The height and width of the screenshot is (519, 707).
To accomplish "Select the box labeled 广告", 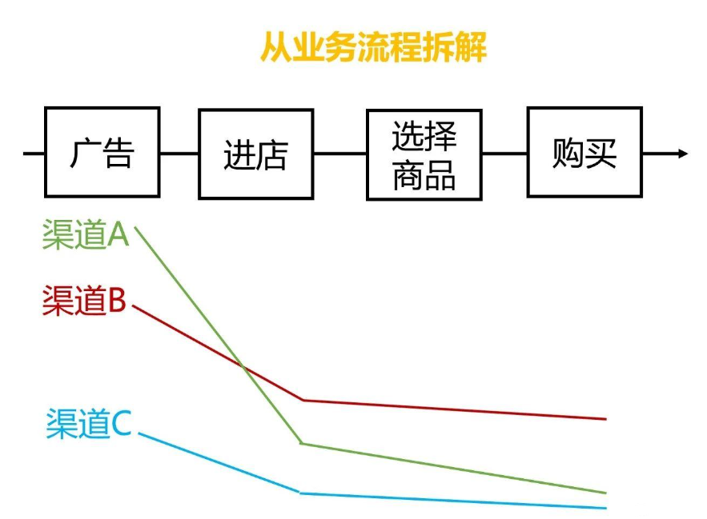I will pos(102,152).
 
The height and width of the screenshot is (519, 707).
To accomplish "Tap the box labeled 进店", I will pos(255,154).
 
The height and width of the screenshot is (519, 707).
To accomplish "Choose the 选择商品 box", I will pos(424,154).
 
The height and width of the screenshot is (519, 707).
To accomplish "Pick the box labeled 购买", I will pos(584,152).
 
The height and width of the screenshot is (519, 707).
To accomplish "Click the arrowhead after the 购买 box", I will pos(682,153).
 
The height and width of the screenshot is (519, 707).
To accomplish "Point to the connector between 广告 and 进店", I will pos(179,153).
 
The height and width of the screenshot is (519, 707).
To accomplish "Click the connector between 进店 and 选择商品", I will pos(339,153).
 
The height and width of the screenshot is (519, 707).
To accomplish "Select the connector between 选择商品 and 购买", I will pos(504,153).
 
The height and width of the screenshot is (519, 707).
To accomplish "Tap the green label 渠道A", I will pos(86,235).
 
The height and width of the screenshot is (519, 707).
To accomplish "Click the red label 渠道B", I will pos(84,301).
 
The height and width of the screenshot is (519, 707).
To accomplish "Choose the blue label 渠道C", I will pos(88,423).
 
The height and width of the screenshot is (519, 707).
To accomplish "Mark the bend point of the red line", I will pos(303,400).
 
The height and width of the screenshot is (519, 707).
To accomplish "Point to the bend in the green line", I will pos(301,443).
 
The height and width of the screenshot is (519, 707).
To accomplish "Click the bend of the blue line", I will pos(301,493).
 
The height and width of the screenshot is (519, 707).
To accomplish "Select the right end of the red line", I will pos(605,418).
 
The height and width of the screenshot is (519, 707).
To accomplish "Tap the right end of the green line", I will pos(605,493).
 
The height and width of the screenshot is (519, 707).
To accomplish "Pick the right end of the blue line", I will pos(605,508).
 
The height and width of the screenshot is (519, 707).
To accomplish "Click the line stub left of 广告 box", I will pos(34,153).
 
